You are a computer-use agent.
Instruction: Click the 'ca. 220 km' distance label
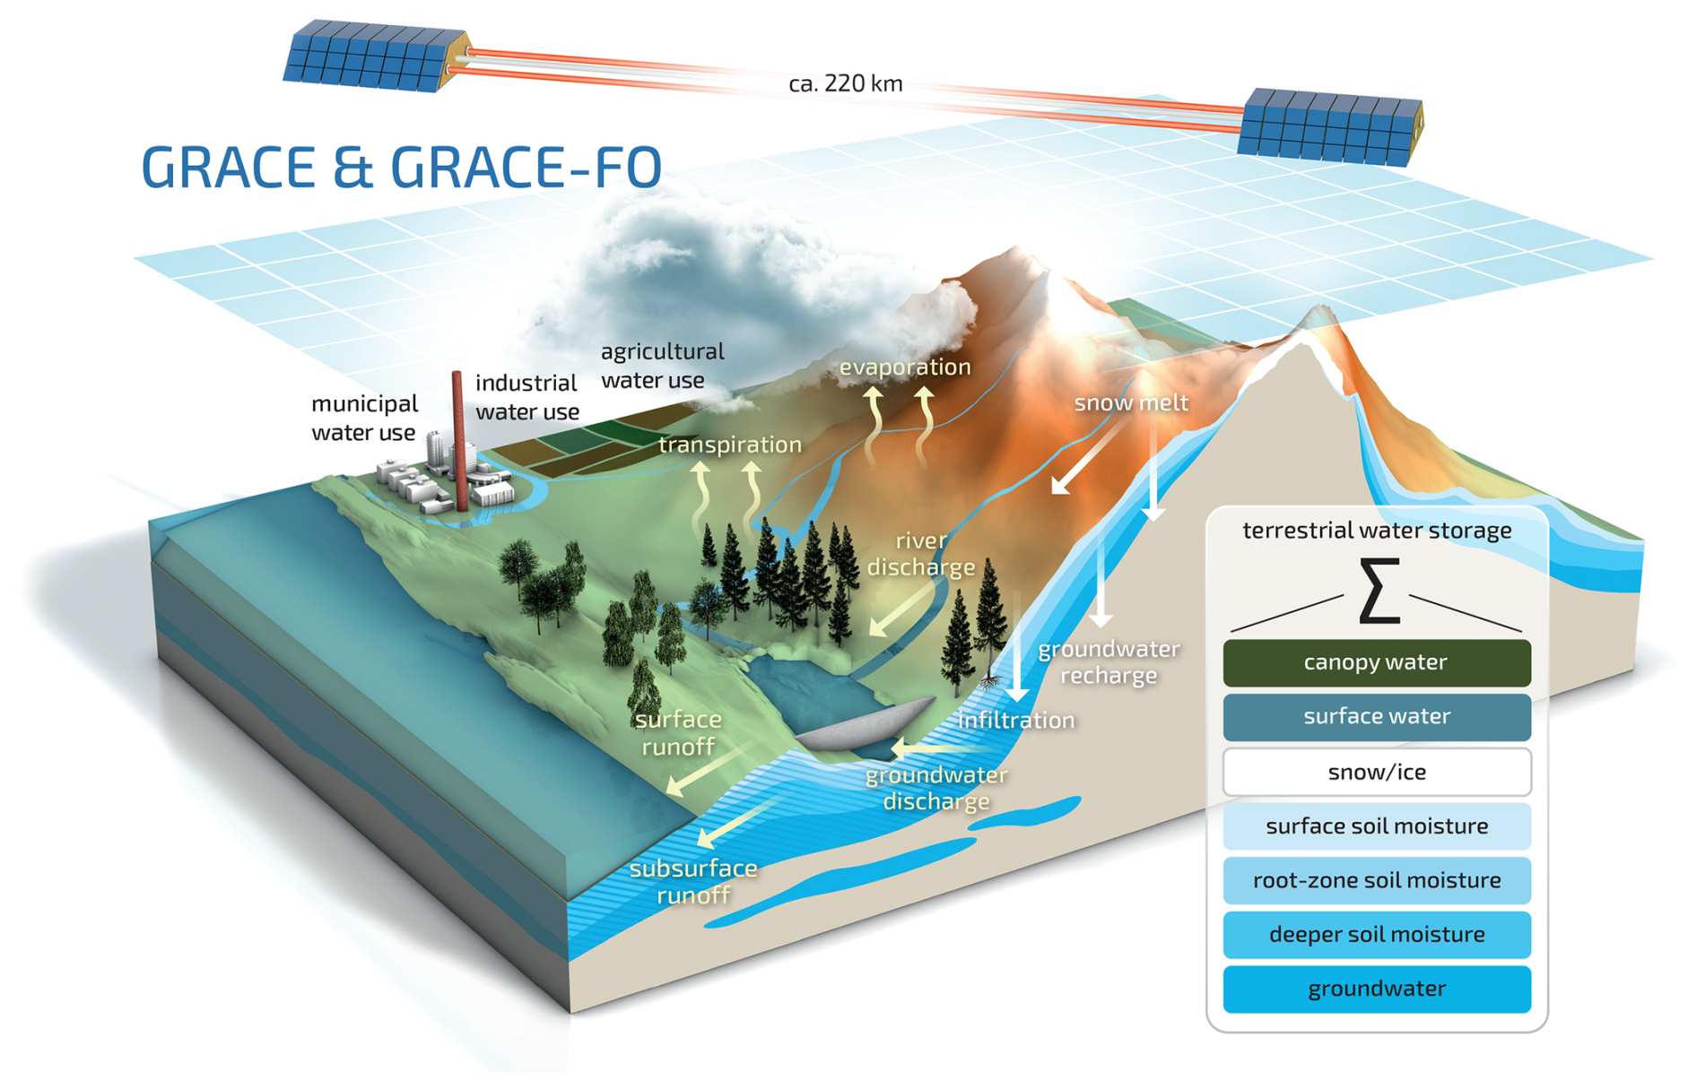coord(845,83)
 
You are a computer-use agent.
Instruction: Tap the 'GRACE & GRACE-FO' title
coord(402,167)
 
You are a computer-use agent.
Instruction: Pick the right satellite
coord(1330,127)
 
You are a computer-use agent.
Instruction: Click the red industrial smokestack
coord(458,440)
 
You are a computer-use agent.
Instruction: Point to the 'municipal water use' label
coord(364,418)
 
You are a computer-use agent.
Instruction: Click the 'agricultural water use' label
coord(662,366)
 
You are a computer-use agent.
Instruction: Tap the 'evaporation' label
coord(905,367)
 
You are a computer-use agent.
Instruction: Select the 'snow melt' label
coord(1131,402)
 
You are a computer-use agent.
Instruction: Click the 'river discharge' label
coord(921,554)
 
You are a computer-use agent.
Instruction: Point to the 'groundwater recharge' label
coord(1109,661)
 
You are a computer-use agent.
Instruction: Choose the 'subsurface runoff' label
coord(693,881)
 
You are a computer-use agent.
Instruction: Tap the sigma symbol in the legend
coord(1379,590)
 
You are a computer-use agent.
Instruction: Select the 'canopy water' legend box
coord(1377,663)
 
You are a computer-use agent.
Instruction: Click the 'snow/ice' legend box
coord(1377,772)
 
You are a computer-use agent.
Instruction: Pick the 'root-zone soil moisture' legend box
coord(1377,880)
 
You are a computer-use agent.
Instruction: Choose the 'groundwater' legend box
coord(1377,989)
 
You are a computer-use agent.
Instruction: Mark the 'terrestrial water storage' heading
coord(1377,531)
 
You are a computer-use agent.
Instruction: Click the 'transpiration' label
coord(730,445)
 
